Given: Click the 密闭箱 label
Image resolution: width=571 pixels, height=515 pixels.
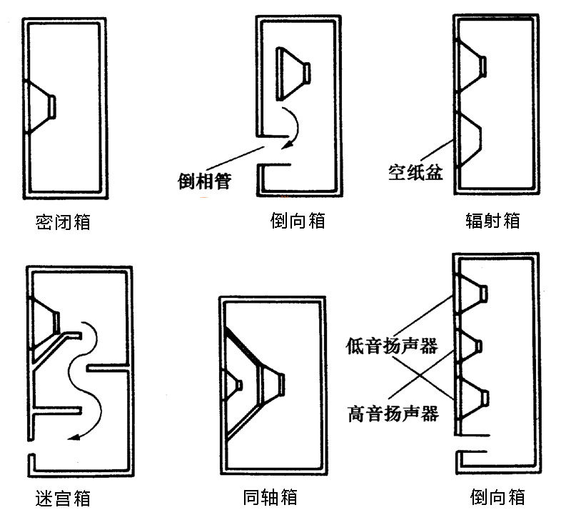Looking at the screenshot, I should pos(63,222).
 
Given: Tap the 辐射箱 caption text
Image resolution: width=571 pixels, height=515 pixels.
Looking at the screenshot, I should pos(492,220).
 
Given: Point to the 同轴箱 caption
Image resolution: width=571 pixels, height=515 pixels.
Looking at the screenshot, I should pos(270,496).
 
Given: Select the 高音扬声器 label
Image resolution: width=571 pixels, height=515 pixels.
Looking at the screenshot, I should pos(392,413).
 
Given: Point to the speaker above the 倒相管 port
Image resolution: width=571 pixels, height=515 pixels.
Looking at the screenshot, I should pos(293,71).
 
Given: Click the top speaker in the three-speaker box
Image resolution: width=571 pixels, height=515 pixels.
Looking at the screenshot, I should pos(475,293).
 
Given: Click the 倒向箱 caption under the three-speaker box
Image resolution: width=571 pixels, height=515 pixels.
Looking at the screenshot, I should pos(498,496).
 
